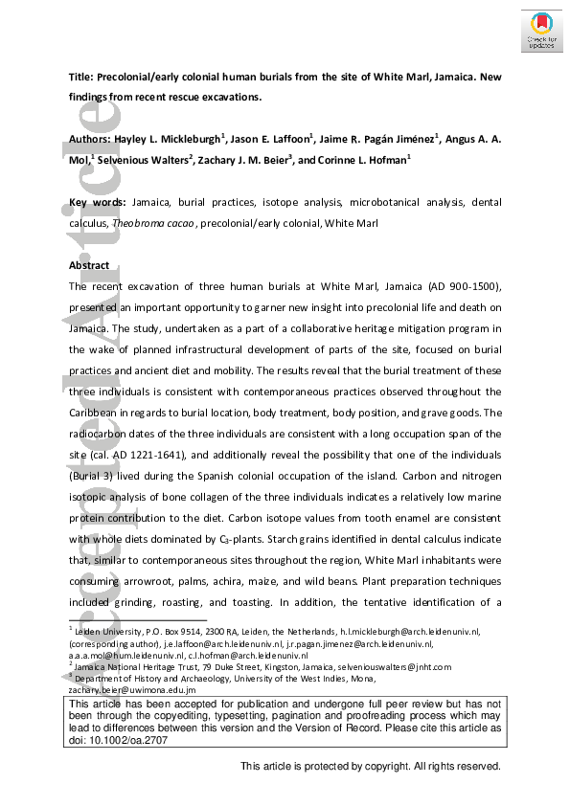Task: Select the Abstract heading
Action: (x=91, y=265)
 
